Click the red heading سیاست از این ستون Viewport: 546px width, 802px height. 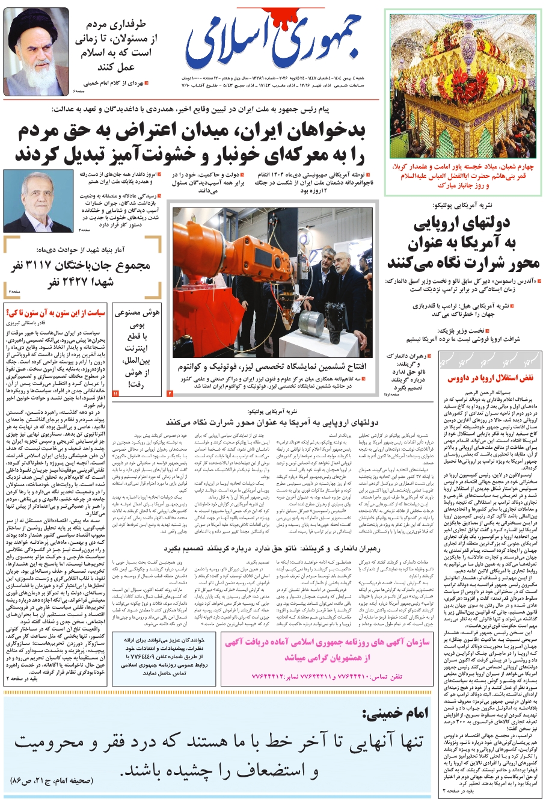(x=55, y=313)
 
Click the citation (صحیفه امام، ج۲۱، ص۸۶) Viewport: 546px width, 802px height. (x=53, y=782)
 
